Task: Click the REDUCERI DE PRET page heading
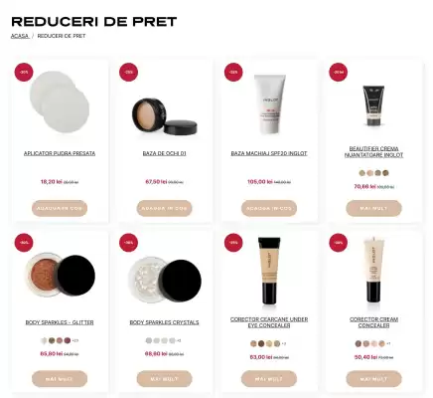93,21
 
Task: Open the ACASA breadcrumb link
19,36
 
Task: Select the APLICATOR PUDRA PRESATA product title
60,153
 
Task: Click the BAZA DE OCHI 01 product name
164,153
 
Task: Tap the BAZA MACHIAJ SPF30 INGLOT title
268,153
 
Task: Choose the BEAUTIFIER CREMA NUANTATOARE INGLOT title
373,153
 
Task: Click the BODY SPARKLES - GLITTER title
60,322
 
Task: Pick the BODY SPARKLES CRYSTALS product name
164,322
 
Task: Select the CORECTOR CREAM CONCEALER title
373,322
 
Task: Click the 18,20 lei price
51,182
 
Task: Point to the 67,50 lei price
156,182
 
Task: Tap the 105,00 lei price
260,182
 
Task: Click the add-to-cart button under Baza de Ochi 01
164,208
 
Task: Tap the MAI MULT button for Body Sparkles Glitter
60,379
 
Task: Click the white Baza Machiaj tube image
268,104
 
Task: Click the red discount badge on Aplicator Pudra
23,72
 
